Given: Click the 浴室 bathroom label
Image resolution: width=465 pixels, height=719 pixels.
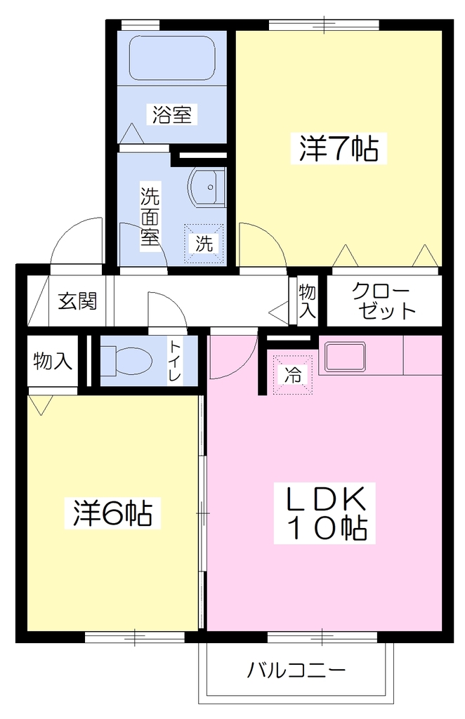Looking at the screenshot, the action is [x=172, y=114].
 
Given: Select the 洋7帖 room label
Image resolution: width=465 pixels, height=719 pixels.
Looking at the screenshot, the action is [x=339, y=148].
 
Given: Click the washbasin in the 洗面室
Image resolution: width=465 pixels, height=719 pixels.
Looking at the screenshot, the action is [x=206, y=187].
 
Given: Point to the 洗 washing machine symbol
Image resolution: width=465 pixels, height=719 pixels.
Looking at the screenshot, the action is [x=204, y=244].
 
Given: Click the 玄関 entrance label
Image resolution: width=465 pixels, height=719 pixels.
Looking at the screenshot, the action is [x=77, y=301].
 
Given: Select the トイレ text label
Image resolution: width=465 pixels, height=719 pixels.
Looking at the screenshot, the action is [x=175, y=361].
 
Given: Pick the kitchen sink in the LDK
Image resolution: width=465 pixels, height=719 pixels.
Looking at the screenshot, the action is [x=346, y=357].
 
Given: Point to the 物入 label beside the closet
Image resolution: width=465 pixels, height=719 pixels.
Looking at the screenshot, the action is [x=307, y=301].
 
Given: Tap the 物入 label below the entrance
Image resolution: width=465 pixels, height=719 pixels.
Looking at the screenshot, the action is [x=53, y=362].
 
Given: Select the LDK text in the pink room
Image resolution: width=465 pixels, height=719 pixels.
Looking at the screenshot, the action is [x=326, y=499].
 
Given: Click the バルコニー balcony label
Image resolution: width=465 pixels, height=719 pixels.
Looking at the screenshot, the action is [x=296, y=671].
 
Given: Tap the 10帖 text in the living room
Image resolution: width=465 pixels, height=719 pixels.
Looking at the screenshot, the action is [x=326, y=528].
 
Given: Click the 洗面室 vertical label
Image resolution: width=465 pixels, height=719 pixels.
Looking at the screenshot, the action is [x=150, y=216].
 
